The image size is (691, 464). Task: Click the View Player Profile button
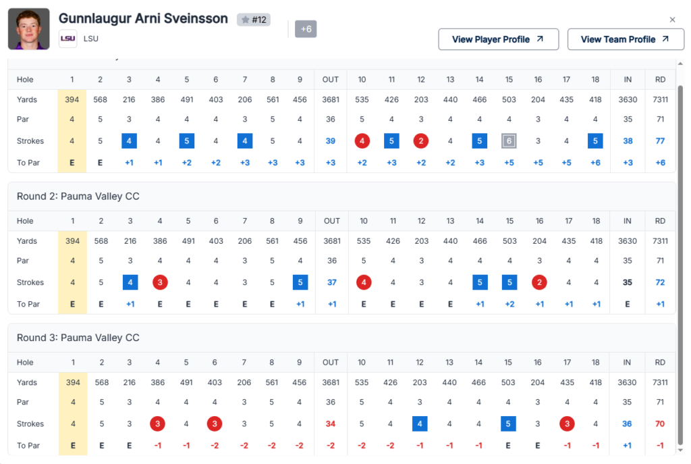[x=498, y=39]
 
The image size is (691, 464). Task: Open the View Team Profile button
[x=626, y=39]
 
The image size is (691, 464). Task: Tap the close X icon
[x=672, y=20]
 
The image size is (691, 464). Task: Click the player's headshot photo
[x=28, y=29]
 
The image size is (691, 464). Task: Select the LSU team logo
[x=67, y=38]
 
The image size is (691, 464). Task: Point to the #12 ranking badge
[x=254, y=20]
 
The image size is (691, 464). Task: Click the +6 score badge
[x=306, y=29]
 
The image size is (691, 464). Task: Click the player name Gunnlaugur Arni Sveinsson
[x=143, y=18]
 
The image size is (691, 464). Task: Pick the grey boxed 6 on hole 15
[x=509, y=141]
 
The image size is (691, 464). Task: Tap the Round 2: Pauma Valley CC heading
[x=78, y=197]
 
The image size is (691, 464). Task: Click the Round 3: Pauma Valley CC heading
[x=78, y=338]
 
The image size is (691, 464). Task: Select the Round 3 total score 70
[x=660, y=424]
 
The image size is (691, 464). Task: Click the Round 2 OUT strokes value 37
[x=332, y=282]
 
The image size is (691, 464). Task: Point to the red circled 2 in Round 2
[x=538, y=282]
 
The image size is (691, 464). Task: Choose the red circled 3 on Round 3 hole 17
[x=567, y=424]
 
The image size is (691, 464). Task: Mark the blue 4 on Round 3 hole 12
[x=420, y=424]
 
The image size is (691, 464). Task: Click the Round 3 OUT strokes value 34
[x=331, y=424]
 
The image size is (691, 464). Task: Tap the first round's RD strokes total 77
[x=660, y=141]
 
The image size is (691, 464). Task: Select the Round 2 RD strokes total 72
[x=660, y=282]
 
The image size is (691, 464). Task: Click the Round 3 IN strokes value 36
[x=627, y=424]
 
